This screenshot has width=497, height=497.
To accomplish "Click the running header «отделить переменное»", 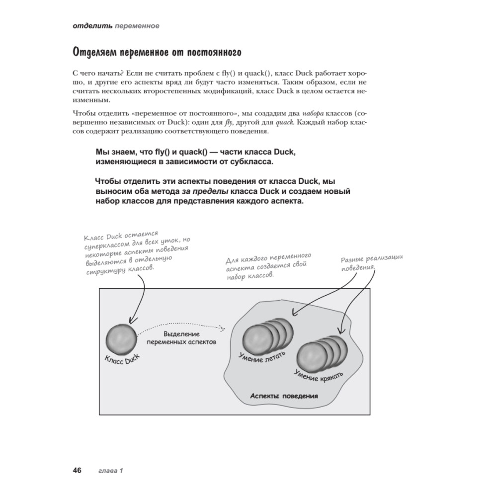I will (115, 26).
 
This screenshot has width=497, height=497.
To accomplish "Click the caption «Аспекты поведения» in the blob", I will (284, 397).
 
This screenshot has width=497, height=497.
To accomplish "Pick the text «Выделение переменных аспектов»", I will (183, 338).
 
